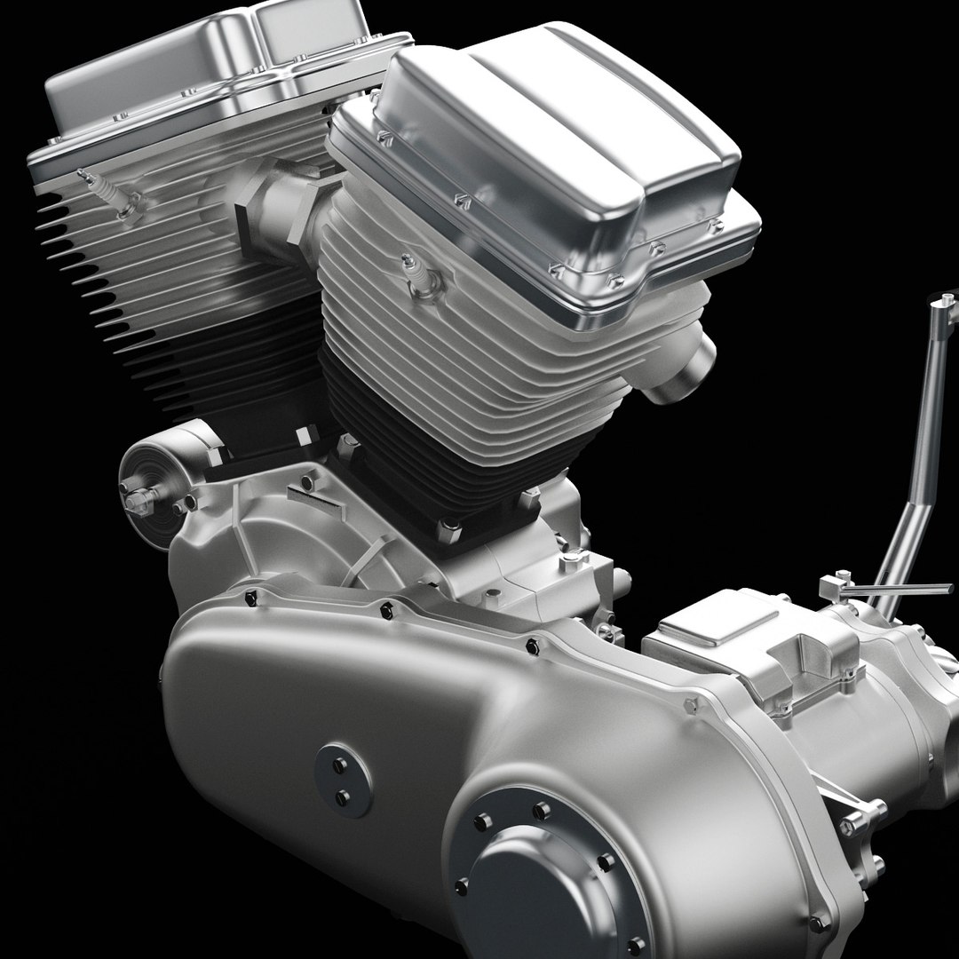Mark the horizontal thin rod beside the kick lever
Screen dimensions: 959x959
coord(897,589)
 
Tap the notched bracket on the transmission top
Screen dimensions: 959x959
coord(804,657)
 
